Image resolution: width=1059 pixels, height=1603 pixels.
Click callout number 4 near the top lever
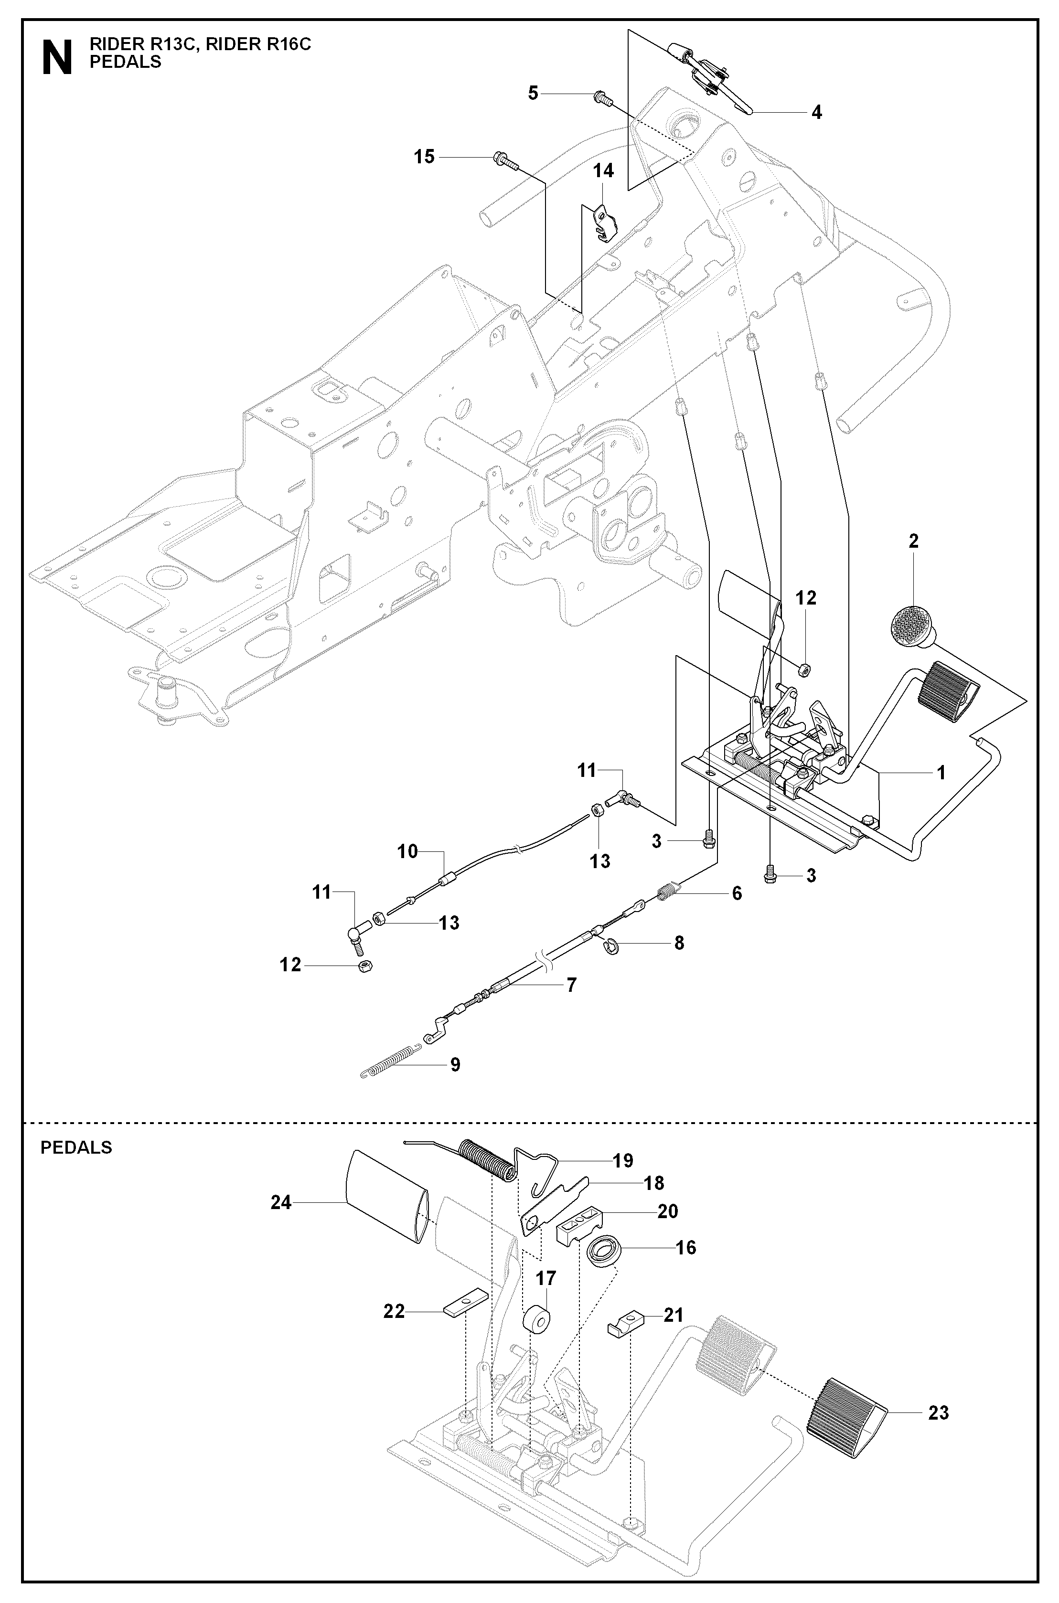tap(816, 113)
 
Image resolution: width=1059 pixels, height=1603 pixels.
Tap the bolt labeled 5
tap(600, 98)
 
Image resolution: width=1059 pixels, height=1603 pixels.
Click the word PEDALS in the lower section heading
tap(76, 1147)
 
